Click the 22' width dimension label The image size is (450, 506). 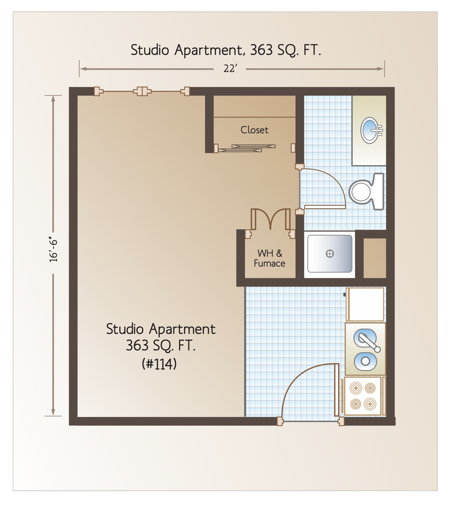[x=230, y=69]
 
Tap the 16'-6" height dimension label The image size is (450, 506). [x=53, y=251]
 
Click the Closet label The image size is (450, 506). [x=254, y=130]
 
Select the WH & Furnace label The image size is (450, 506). [x=269, y=258]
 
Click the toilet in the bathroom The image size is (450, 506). [x=367, y=191]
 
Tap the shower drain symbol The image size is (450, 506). [x=330, y=254]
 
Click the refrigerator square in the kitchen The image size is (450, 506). [x=366, y=304]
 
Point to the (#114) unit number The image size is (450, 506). [x=159, y=364]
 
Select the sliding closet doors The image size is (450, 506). [x=247, y=148]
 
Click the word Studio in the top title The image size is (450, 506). [x=150, y=50]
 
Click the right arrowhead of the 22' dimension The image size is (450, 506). [x=381, y=69]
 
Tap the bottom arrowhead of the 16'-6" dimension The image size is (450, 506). [x=53, y=412]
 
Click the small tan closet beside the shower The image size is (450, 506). [x=375, y=258]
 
